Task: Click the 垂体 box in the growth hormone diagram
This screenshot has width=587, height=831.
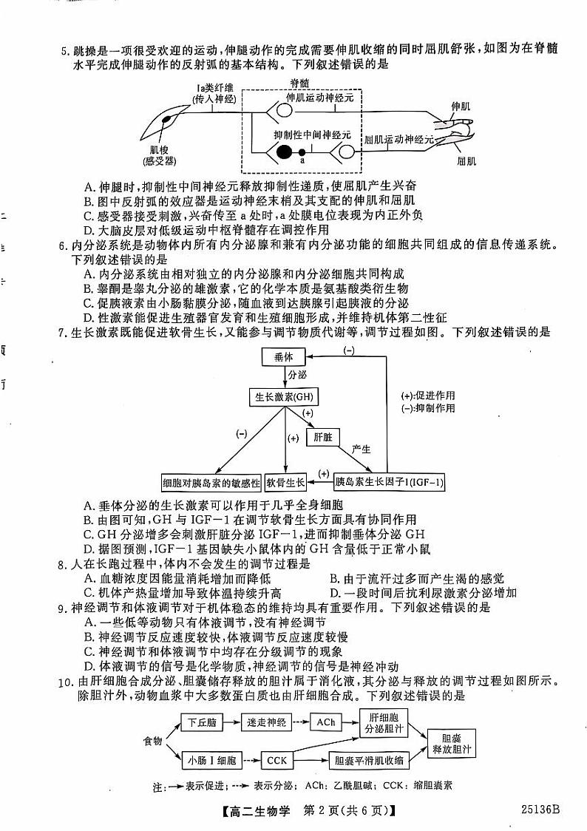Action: (283, 357)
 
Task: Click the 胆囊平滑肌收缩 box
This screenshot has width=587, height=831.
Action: (369, 759)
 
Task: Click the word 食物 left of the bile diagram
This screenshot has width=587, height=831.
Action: (153, 740)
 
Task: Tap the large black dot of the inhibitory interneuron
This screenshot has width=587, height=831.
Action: (283, 154)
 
